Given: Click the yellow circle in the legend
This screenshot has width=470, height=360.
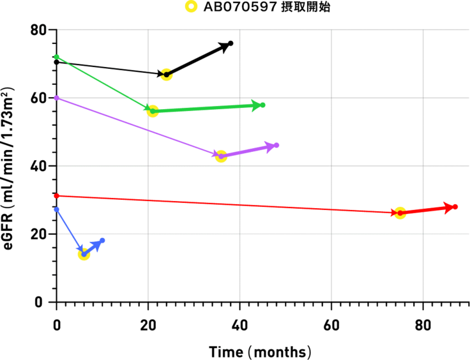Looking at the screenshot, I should coord(190,7).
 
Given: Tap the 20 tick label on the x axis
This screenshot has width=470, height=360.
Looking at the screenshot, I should coord(148,324).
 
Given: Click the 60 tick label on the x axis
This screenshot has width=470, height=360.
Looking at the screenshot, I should coord(331,324).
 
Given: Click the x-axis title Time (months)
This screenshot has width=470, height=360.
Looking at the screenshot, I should coord(260,352).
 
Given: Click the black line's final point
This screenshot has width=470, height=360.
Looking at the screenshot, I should coord(231,43).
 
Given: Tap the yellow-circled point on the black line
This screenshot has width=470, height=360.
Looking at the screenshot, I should coord(167,75).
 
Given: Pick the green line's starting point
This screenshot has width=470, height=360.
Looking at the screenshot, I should coord(57,57).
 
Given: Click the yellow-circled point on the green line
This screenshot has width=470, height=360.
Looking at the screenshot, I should coord(153,111).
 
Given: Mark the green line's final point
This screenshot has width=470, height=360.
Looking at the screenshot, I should coord(262,105).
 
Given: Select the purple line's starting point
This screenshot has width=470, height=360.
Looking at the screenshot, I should coord(57,98).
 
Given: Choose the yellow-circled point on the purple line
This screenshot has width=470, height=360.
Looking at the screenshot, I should coord(221,156).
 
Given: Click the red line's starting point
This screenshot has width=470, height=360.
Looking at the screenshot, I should coord(57,195).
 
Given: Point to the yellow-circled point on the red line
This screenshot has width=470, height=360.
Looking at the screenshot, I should coord(400,213).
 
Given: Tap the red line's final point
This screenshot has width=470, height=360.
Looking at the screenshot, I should coord(455,207).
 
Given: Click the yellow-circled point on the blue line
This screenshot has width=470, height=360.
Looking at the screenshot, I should coord(84,254).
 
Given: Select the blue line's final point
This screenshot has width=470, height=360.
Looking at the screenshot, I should coord(102,241).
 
